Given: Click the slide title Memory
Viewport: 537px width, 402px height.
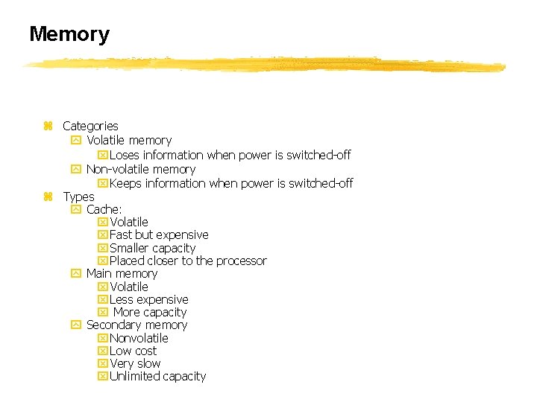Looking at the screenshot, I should tap(69, 34).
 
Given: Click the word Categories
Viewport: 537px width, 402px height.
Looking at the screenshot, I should tap(90, 126).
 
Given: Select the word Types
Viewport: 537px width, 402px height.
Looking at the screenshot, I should tap(78, 197).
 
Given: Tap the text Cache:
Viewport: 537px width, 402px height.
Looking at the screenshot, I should tap(104, 209).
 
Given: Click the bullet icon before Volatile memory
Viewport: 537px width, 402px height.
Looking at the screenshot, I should tap(75, 140).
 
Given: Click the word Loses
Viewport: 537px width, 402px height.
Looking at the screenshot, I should tap(125, 155).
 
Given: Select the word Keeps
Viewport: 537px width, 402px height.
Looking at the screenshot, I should tap(126, 183).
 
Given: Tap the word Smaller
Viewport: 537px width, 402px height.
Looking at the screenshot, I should tap(129, 248).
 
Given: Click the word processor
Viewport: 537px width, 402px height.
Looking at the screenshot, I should tap(241, 261).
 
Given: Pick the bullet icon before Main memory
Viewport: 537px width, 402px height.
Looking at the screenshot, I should tap(75, 273).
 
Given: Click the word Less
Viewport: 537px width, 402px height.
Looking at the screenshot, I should tap(121, 299).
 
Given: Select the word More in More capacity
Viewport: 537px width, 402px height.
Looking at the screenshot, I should tap(126, 312).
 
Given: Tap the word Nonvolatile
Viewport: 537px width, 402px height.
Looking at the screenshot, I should tap(139, 338).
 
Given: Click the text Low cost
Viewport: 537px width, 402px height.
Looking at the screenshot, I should tap(133, 351).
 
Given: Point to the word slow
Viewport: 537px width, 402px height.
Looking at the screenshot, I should tap(148, 363).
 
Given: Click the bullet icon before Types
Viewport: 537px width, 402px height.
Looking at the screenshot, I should tap(48, 197).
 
